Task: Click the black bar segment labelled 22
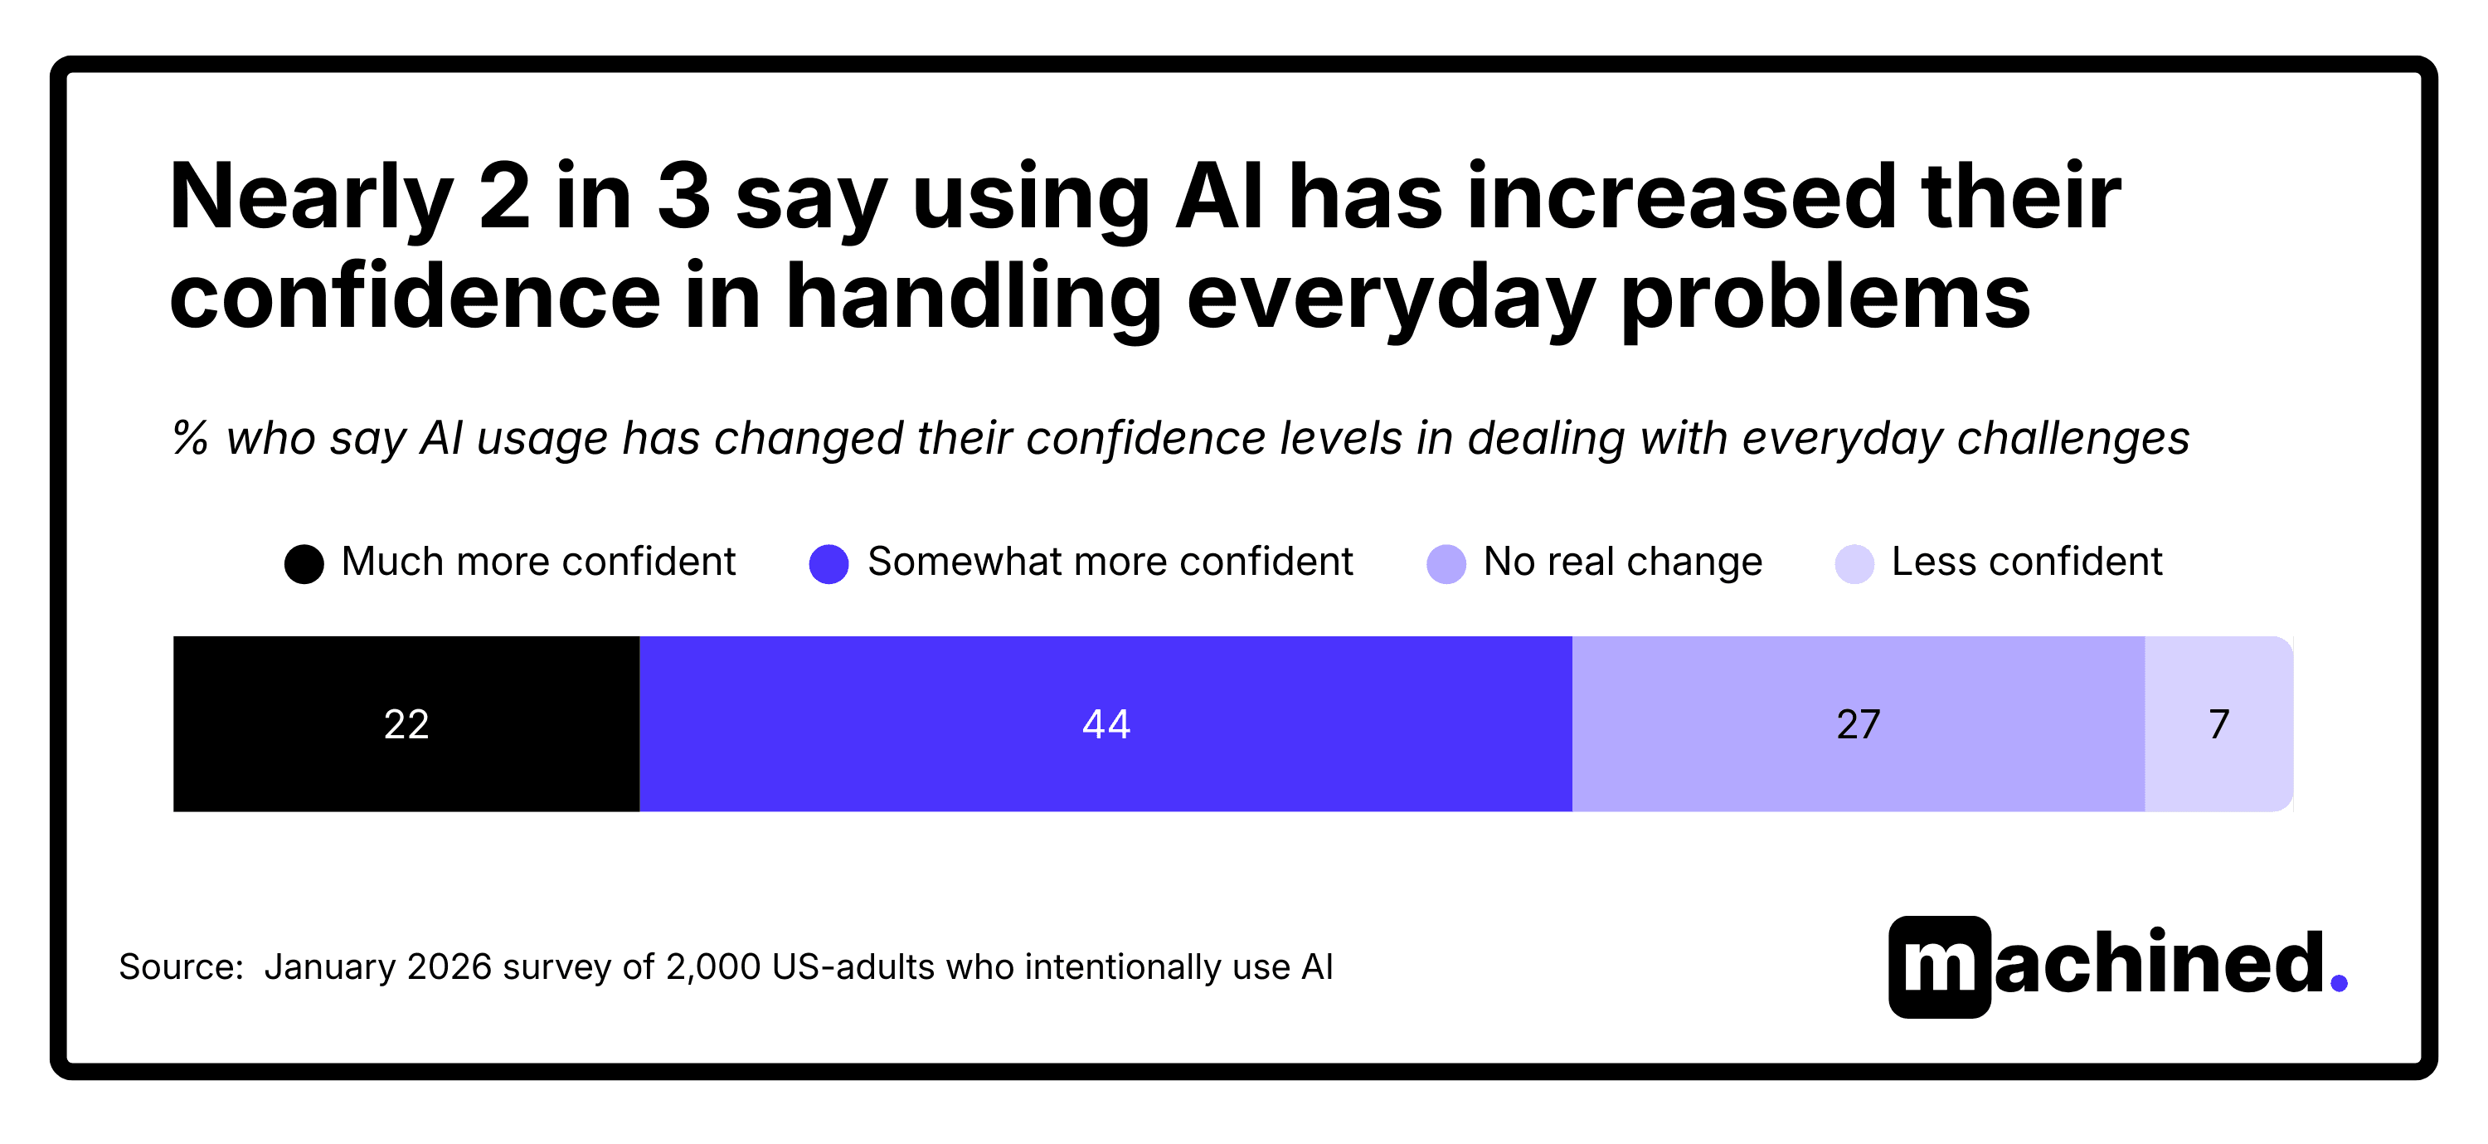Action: click(x=406, y=723)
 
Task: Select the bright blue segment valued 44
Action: click(x=1105, y=723)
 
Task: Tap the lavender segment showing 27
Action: click(x=1858, y=723)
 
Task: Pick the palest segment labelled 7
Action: click(x=2218, y=723)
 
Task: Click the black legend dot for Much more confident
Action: click(x=304, y=564)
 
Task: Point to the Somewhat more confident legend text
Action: click(x=1110, y=562)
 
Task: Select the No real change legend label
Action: click(x=1623, y=562)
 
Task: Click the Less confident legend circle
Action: click(x=1854, y=564)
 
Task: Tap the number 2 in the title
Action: click(x=504, y=197)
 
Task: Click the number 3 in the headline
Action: click(x=684, y=197)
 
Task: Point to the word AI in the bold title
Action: click(x=1219, y=197)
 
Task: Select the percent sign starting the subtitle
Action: click(x=190, y=438)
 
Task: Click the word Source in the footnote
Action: click(x=177, y=966)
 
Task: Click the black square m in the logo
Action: click(x=1940, y=966)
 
